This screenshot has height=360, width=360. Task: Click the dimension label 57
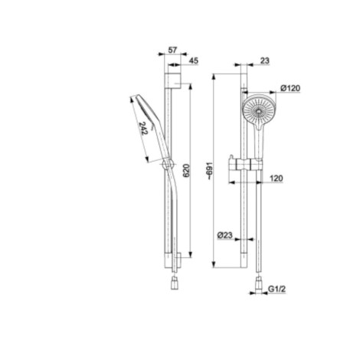(x=172, y=50)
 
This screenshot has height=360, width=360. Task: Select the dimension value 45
(x=194, y=61)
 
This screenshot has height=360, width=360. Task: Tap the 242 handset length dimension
(x=143, y=129)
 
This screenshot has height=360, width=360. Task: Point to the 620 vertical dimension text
(x=186, y=171)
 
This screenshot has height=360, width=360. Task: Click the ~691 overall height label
(x=209, y=171)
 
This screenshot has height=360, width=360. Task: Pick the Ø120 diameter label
(x=290, y=88)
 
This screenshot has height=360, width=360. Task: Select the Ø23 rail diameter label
(x=225, y=235)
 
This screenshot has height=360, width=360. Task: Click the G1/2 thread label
(x=277, y=290)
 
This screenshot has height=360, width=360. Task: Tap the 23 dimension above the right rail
(x=264, y=61)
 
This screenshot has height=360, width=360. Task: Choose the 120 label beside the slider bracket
(x=276, y=178)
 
